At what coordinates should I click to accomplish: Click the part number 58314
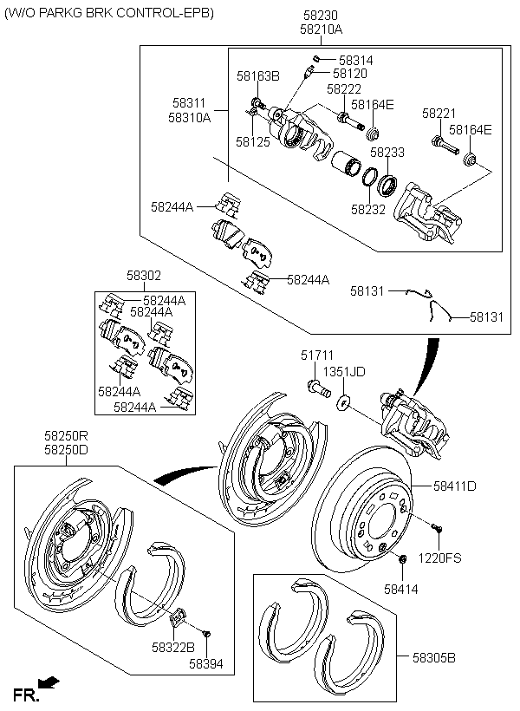[356, 61]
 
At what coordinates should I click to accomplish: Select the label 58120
[350, 75]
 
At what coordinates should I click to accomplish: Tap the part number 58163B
[258, 76]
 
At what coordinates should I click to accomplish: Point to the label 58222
[344, 89]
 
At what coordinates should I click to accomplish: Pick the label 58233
[387, 153]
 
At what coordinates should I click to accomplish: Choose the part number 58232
[367, 209]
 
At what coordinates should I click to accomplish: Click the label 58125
[253, 140]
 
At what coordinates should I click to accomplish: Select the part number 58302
[144, 275]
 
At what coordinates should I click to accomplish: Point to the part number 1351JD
[345, 371]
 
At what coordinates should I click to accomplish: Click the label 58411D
[455, 486]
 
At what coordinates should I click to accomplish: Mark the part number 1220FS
[440, 558]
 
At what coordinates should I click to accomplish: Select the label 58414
[401, 589]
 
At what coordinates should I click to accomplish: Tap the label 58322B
[172, 647]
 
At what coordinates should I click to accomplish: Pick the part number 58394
[207, 663]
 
